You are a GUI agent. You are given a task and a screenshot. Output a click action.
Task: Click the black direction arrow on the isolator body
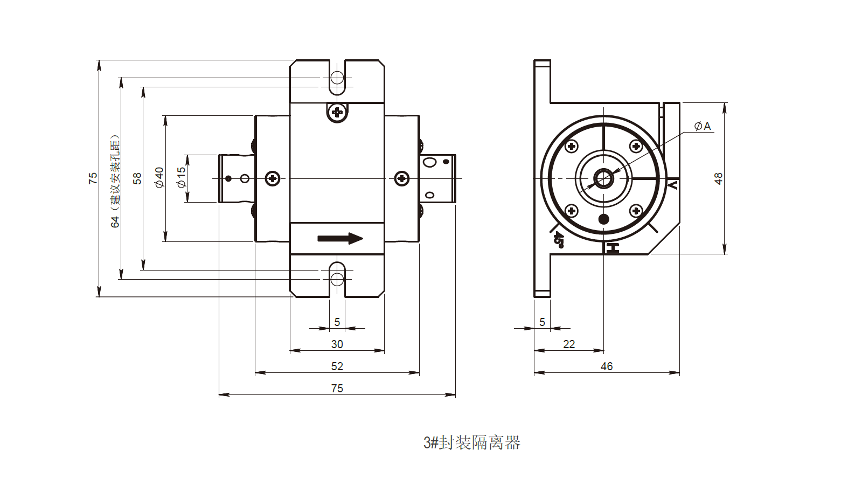click(x=340, y=238)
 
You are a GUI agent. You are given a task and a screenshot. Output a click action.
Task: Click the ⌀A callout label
click(x=703, y=126)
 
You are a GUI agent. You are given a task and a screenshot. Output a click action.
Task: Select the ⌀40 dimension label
click(x=159, y=177)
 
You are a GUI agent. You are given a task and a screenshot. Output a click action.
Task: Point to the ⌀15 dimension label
click(x=181, y=177)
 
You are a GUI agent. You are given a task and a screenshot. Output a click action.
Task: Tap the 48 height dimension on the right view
click(x=718, y=178)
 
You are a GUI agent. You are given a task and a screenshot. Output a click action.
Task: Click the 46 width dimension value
click(x=607, y=366)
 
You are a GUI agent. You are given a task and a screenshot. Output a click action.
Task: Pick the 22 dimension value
click(x=569, y=344)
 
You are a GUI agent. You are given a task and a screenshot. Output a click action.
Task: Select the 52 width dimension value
click(x=337, y=366)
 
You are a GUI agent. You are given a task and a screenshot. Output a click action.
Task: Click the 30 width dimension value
click(x=337, y=344)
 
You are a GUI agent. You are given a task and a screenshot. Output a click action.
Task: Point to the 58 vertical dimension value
click(x=137, y=178)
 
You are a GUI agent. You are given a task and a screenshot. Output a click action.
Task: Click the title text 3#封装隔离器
click(x=472, y=443)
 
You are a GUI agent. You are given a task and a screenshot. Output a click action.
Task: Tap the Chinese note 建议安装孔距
click(x=115, y=172)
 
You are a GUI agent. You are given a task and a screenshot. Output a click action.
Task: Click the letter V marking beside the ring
click(x=672, y=185)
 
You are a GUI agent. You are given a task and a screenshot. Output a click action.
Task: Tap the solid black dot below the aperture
click(x=604, y=219)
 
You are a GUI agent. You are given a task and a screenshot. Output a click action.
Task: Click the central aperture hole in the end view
click(x=604, y=178)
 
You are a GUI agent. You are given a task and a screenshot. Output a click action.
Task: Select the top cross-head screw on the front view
click(x=337, y=113)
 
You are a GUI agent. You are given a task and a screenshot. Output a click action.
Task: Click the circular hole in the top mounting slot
click(x=337, y=78)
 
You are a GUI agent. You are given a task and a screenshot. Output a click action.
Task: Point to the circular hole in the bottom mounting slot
click(x=337, y=279)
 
